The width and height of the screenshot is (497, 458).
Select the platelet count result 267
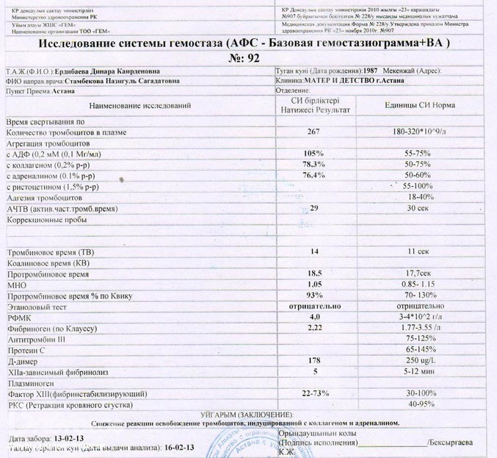(314, 132)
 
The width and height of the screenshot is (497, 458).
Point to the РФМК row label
(17, 317)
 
